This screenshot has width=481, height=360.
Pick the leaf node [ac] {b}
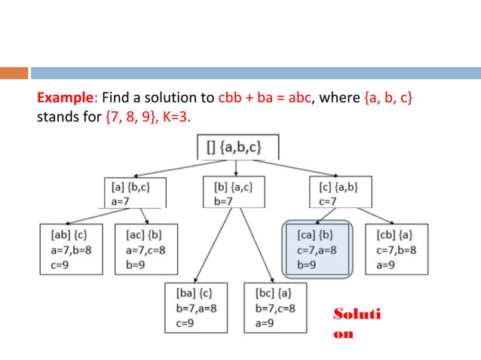pyautogui.click(x=145, y=249)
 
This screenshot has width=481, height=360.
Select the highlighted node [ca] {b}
pyautogui.click(x=317, y=249)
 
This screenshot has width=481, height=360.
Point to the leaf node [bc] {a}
pyautogui.click(x=276, y=307)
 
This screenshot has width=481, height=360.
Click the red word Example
pyautogui.click(x=65, y=99)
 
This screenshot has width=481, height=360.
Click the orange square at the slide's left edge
pyautogui.click(x=13, y=73)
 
